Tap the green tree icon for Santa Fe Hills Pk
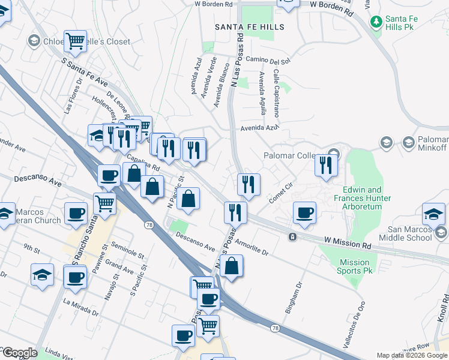tap(376, 22)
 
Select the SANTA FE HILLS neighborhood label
tap(250, 28)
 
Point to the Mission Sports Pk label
tap(354, 266)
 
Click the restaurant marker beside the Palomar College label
tap(325, 163)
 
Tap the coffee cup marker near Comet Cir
tap(304, 212)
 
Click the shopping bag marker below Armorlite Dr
tap(232, 266)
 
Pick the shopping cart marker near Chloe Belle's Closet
tap(75, 41)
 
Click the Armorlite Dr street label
tap(244, 248)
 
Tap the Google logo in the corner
tap(19, 353)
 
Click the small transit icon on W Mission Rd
tap(292, 237)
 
